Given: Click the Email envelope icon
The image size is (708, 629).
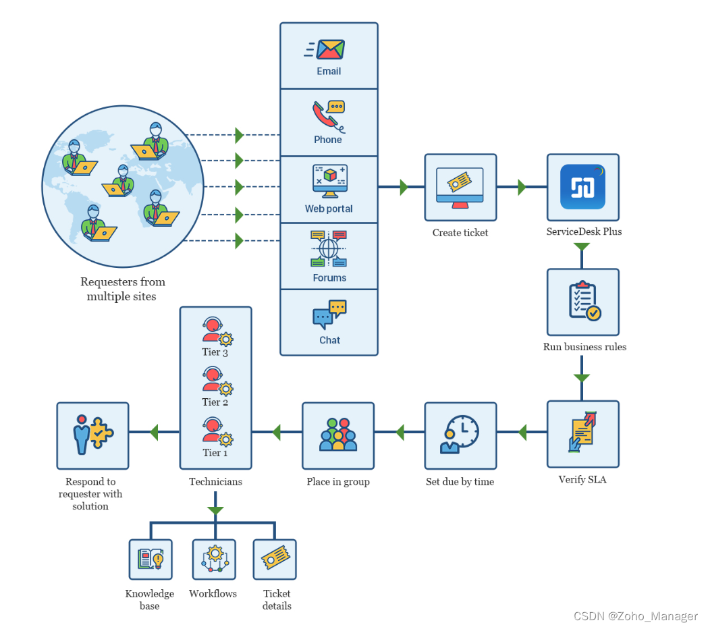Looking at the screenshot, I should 329,49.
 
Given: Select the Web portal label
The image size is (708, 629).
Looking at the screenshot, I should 329,209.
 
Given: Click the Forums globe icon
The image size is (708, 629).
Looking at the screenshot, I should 329,248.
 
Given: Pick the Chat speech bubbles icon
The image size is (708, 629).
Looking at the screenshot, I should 329,314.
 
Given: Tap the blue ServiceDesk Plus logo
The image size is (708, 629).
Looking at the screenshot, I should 582,187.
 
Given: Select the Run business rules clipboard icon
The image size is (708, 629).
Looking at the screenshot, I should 582,302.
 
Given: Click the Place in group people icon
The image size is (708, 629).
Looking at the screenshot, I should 337,435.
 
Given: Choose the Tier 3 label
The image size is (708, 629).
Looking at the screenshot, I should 215,352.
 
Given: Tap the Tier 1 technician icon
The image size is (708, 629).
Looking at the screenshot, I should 216,432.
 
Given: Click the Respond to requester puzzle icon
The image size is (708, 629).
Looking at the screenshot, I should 92,435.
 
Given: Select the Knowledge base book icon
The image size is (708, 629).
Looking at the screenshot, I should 151,559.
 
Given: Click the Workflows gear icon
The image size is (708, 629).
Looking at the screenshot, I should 214,559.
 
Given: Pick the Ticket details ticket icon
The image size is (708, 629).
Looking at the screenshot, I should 275,559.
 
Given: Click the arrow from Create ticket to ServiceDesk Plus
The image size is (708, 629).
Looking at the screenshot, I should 522,187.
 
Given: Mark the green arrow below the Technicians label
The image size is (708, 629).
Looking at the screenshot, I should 215,510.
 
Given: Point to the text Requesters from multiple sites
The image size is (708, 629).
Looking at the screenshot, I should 122,289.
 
